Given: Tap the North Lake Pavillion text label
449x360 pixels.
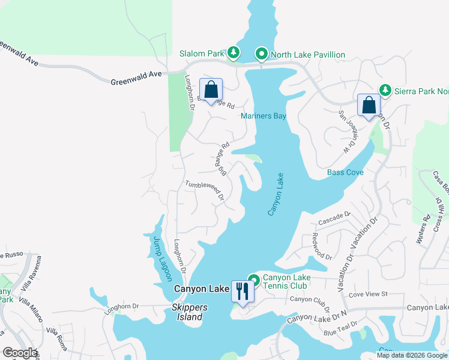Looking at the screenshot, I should coord(307,55).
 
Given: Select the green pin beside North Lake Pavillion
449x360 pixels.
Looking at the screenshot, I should coord(262,54).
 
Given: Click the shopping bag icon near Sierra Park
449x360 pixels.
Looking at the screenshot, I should coord(368,105).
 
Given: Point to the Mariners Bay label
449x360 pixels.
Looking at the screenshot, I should coord(264,116).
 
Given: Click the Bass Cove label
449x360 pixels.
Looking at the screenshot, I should coord(345,172).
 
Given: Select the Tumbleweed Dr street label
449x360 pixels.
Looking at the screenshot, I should coord(204,191).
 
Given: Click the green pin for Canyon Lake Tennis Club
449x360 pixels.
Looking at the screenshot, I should coord(254,280).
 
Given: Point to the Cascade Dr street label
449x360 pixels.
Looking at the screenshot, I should coord(334,216).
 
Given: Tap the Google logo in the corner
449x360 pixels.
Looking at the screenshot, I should coord(20,353).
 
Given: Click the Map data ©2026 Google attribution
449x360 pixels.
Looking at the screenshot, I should coord(411,355).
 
